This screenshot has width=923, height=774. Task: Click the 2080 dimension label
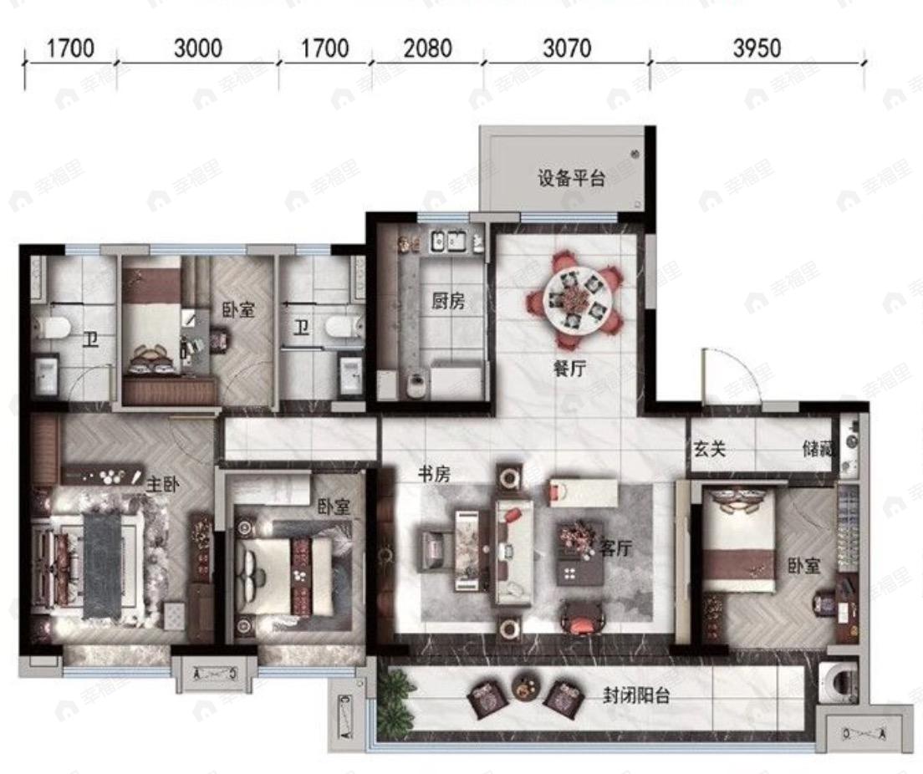[427, 48]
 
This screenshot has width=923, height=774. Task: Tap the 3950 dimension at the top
[757, 48]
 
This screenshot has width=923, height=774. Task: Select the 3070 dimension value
[567, 48]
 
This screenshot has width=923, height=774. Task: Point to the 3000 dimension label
[198, 48]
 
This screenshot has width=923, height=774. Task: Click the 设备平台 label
[571, 178]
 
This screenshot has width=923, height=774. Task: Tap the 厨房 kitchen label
[448, 302]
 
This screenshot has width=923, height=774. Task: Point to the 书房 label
[435, 474]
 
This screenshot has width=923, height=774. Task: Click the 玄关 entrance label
[707, 449]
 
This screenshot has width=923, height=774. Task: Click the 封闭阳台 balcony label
[637, 695]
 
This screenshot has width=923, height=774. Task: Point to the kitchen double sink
[447, 242]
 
